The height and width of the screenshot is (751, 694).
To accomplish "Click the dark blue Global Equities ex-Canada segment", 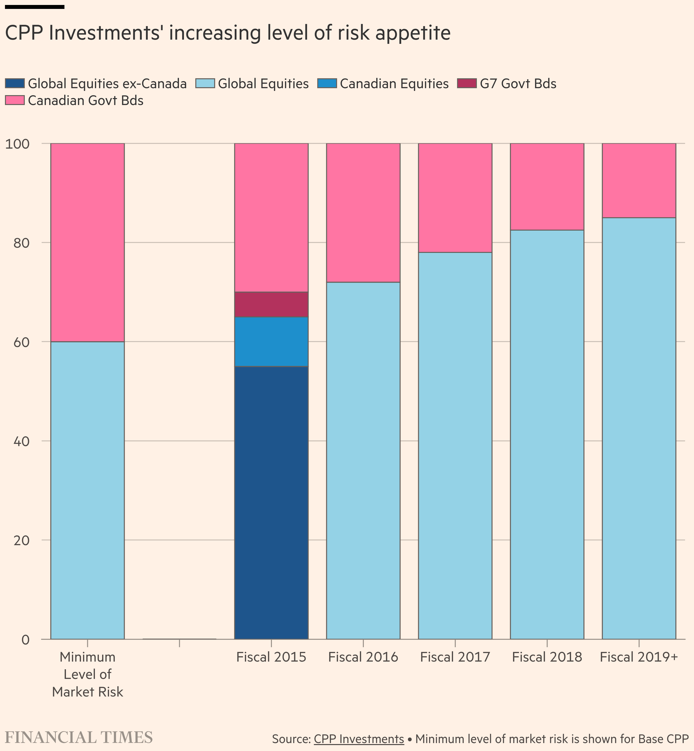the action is point(271,503).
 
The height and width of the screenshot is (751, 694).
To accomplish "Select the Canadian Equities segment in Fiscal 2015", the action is point(271,342).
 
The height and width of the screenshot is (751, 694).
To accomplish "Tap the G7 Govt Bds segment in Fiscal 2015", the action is point(271,304).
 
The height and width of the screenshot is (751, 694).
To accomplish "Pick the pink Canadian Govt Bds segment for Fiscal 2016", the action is point(363,213).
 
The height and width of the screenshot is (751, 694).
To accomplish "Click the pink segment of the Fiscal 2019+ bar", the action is point(639,181).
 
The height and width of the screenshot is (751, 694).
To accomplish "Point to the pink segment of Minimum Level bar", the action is point(87,242).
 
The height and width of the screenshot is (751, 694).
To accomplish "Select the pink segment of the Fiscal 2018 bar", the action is point(547,187).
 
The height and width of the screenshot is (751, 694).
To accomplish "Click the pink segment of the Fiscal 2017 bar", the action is point(455,198).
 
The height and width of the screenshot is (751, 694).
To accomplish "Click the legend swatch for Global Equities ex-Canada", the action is point(15,83).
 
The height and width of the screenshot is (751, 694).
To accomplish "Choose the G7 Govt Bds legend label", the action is point(518,83).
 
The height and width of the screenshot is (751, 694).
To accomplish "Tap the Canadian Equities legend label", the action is point(394,83).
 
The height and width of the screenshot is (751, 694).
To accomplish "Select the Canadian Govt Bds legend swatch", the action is point(15,100).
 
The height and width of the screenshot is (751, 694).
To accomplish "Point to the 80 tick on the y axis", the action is point(21,243).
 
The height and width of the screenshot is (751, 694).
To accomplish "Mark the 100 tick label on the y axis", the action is point(17,144).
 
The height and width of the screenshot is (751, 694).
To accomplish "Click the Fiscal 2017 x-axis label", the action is point(455,657).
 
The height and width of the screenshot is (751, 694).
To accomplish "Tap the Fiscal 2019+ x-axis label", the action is point(639,657).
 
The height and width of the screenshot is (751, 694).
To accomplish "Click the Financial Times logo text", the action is point(79,737).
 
